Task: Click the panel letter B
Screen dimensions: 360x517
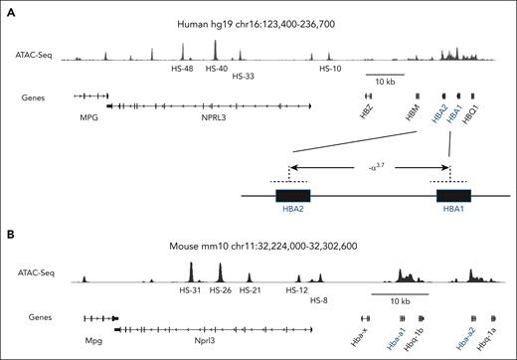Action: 8,236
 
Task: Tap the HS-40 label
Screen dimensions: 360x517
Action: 217,70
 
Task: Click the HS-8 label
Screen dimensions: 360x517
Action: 320,298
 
